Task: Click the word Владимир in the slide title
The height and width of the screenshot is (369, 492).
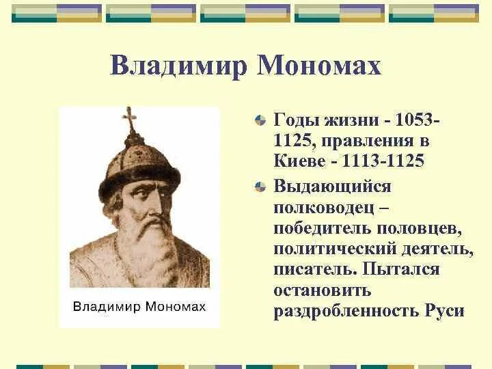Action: pos(178,66)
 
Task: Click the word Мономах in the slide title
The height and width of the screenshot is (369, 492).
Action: pos(318,66)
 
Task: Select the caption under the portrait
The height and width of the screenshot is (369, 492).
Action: pos(139,306)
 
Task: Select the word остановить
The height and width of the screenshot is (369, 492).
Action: pos(322,290)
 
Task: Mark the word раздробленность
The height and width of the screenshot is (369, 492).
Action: pos(343,311)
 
